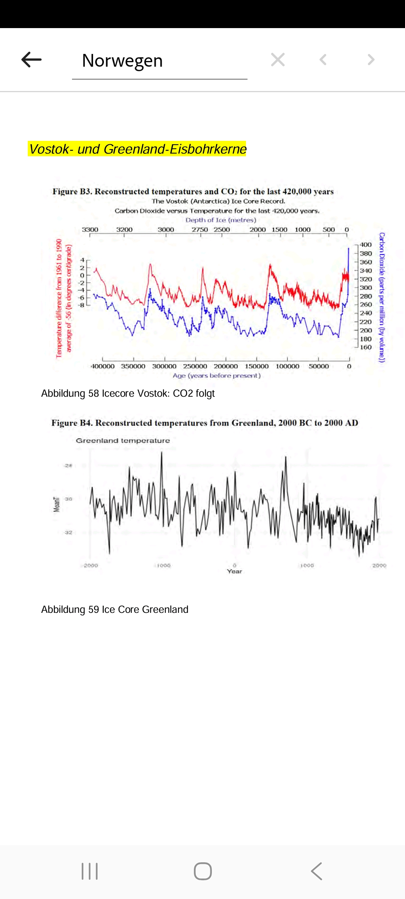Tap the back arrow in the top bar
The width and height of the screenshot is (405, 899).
tap(31, 60)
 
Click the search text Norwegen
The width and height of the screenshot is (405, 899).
tap(122, 61)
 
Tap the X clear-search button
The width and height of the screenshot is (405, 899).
tap(278, 60)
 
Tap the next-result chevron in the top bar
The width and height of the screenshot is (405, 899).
tap(371, 60)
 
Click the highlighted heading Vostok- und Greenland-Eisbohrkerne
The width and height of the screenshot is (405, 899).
tap(137, 149)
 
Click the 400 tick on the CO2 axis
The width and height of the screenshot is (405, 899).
tap(366, 245)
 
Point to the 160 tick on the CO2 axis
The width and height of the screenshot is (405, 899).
tap(366, 347)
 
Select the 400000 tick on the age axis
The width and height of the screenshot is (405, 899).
tap(103, 366)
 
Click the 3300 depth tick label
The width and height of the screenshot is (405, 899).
tap(90, 230)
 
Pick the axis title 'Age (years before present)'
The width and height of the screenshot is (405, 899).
tap(216, 376)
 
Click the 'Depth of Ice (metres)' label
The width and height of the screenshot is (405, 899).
tap(220, 220)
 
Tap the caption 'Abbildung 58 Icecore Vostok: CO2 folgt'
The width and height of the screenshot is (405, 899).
tap(128, 393)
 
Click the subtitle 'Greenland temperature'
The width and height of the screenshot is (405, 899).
tap(123, 441)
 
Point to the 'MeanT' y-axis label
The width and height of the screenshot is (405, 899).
tap(57, 504)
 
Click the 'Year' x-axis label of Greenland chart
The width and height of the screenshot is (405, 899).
tap(234, 571)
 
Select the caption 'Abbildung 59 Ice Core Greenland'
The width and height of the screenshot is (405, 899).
tap(115, 609)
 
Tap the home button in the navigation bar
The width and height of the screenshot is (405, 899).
tap(202, 871)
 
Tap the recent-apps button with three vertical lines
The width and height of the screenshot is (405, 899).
tap(90, 871)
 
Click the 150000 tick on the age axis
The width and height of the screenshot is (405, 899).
tap(256, 366)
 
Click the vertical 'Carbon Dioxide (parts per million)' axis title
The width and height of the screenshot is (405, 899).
tap(382, 297)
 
